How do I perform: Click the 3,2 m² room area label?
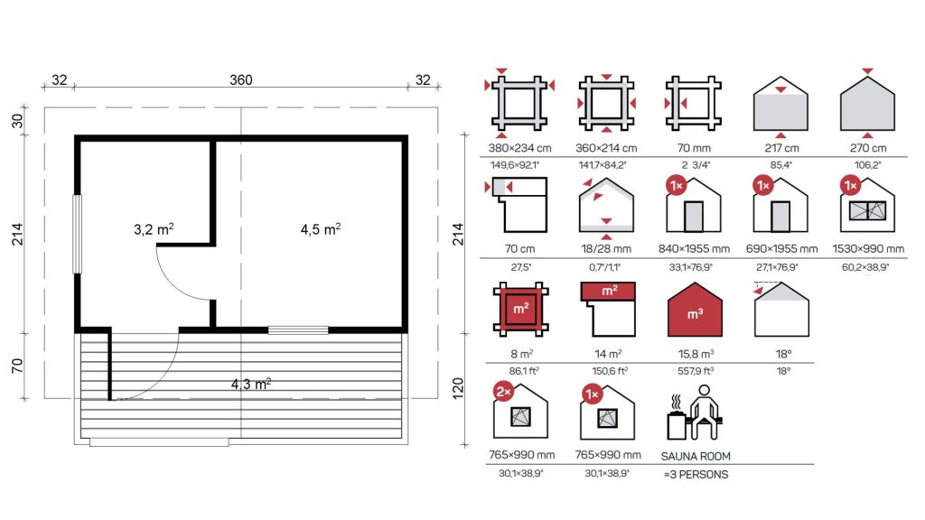tap(154, 228)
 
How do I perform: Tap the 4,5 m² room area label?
tap(321, 228)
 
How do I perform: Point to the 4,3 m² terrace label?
tap(251, 384)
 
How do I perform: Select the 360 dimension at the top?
tap(240, 79)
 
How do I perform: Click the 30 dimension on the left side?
tap(17, 120)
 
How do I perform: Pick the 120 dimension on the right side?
tap(458, 388)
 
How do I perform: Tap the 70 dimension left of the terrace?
tap(17, 366)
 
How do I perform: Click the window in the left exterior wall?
tap(77, 234)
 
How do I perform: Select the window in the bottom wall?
tap(298, 330)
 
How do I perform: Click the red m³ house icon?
tap(695, 310)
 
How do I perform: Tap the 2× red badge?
tap(503, 392)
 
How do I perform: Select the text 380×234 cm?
tap(519, 148)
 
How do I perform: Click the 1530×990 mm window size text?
tap(868, 249)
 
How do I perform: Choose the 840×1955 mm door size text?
tap(694, 249)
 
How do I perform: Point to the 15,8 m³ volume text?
tap(696, 354)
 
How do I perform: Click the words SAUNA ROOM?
tap(696, 456)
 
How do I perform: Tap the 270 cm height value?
tap(868, 148)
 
